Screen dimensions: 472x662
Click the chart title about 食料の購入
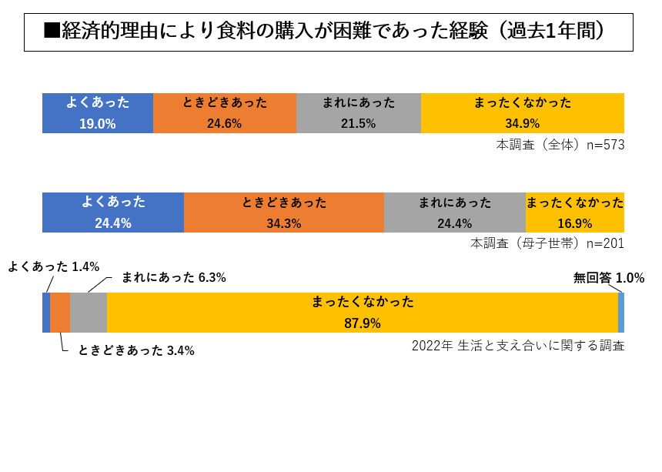coord(328,32)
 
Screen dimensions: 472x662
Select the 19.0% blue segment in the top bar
coord(98,113)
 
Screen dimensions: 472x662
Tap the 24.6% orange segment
coord(225,113)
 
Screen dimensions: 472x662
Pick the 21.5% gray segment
coord(359,113)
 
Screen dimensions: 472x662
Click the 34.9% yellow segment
coord(523,113)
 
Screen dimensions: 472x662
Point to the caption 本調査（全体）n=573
coord(560,145)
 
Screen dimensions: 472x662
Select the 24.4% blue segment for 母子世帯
coord(113,213)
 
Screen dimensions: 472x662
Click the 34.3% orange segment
coord(284,213)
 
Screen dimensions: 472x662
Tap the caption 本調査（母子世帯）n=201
coord(547,243)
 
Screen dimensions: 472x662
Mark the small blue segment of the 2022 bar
coord(46,313)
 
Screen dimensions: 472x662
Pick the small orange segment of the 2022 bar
coord(60,313)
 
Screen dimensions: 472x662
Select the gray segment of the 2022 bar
coord(89,313)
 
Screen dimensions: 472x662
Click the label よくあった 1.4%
coord(53,267)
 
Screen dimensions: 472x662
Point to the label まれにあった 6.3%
coord(173,277)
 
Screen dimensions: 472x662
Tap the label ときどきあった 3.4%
coord(136,350)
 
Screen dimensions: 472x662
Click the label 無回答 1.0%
coord(608,278)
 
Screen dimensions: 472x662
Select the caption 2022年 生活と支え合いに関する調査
coord(517,345)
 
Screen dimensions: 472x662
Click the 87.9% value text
coord(363,323)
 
